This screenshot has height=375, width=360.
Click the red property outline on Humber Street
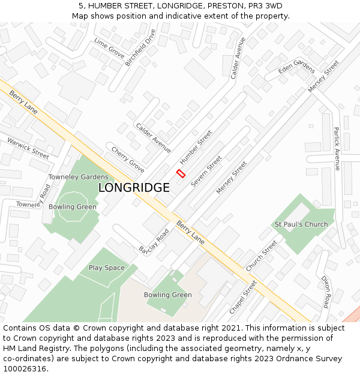pos(181,173)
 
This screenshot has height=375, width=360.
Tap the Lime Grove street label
pos(109,47)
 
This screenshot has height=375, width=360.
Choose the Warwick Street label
pos(28,148)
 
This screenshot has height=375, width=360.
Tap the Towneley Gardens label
pos(78,177)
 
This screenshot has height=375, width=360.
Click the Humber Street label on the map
pos(196,147)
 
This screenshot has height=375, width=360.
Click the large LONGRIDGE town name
pos(134,188)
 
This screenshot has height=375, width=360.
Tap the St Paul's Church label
pos(301,224)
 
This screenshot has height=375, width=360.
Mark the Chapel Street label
pos(243,297)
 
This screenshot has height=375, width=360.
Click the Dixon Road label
pos(326,292)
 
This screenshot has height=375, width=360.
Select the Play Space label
pos(107,268)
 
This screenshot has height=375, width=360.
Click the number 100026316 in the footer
pos(24,368)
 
